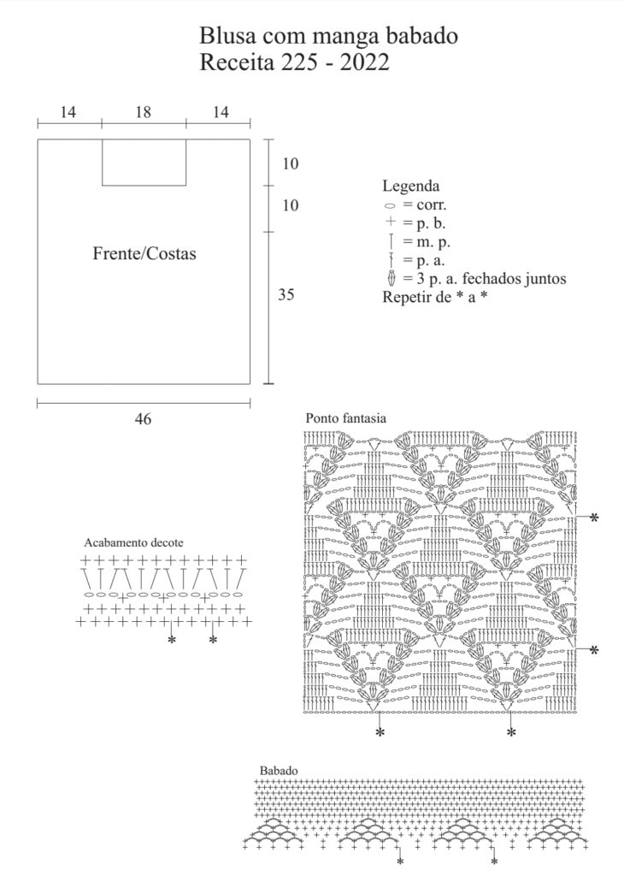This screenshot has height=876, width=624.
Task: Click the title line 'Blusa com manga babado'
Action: click(x=329, y=36)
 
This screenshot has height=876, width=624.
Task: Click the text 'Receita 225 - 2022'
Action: click(x=294, y=62)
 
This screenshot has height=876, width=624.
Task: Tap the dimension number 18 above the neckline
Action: click(x=144, y=112)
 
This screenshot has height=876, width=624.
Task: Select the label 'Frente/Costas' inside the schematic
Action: click(x=144, y=253)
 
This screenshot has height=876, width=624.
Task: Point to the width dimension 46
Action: click(x=143, y=418)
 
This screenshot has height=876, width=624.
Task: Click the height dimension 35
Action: click(x=286, y=294)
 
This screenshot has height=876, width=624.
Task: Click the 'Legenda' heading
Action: click(x=411, y=186)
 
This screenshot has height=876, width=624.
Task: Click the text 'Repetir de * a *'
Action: click(x=435, y=297)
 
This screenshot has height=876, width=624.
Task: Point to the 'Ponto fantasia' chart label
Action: click(x=345, y=417)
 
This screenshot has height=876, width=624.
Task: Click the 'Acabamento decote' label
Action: click(x=133, y=542)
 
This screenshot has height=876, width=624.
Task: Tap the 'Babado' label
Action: click(x=279, y=771)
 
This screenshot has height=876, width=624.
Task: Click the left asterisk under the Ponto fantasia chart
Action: click(x=380, y=732)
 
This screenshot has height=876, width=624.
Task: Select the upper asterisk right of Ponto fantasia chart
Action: click(x=594, y=518)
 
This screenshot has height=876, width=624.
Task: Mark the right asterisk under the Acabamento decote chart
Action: click(x=213, y=640)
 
